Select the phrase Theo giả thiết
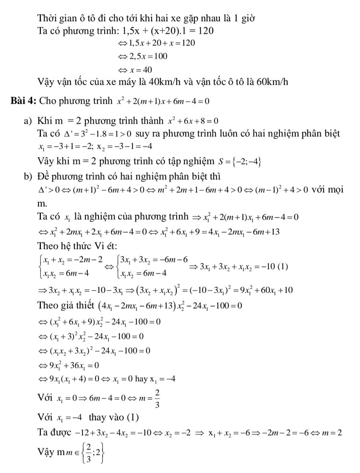click(x=65, y=306)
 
